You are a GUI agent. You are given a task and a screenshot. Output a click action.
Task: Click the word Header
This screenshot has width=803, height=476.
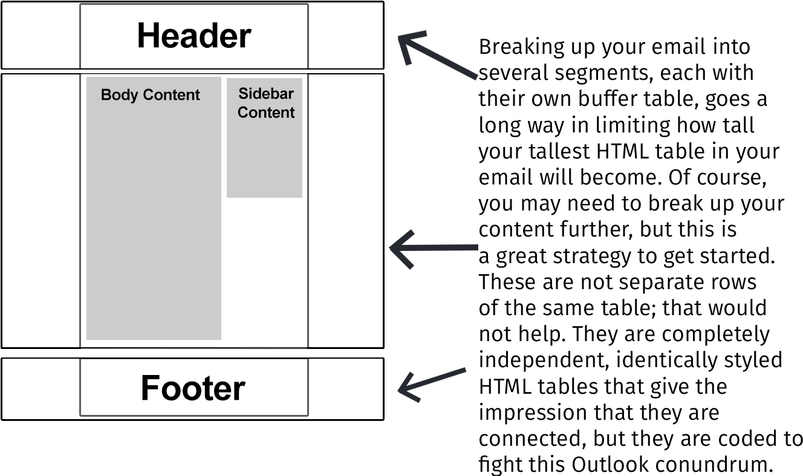coord(193,36)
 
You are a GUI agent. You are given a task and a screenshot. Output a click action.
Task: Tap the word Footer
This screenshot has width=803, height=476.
coord(193,388)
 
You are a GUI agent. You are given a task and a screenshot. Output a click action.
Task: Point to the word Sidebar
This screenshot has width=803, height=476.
coord(266,94)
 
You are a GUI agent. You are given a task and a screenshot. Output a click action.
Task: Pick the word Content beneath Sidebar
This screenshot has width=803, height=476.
coord(266,112)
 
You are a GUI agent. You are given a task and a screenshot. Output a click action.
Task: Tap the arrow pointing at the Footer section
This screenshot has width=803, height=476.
coord(432,382)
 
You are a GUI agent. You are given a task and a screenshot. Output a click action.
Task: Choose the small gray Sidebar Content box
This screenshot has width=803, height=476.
coord(264,157)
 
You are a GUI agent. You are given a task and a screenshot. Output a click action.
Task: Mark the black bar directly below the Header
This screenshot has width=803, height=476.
coord(192,71)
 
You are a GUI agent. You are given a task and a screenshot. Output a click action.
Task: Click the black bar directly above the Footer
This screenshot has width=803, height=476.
coord(192,353)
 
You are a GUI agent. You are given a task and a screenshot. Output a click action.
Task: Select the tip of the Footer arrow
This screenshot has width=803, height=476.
coord(399,390)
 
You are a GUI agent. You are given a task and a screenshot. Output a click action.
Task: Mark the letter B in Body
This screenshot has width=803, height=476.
coord(106,95)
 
